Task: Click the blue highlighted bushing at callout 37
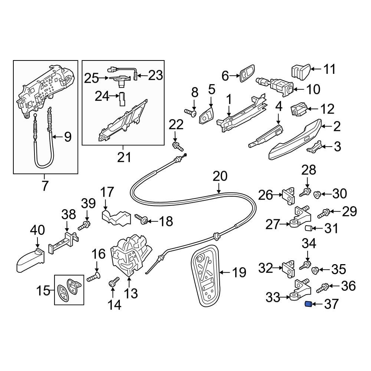307,305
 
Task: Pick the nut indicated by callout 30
317,194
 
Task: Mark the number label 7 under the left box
45,185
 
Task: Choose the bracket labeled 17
116,218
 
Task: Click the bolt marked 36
324,287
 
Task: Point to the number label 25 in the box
92,78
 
